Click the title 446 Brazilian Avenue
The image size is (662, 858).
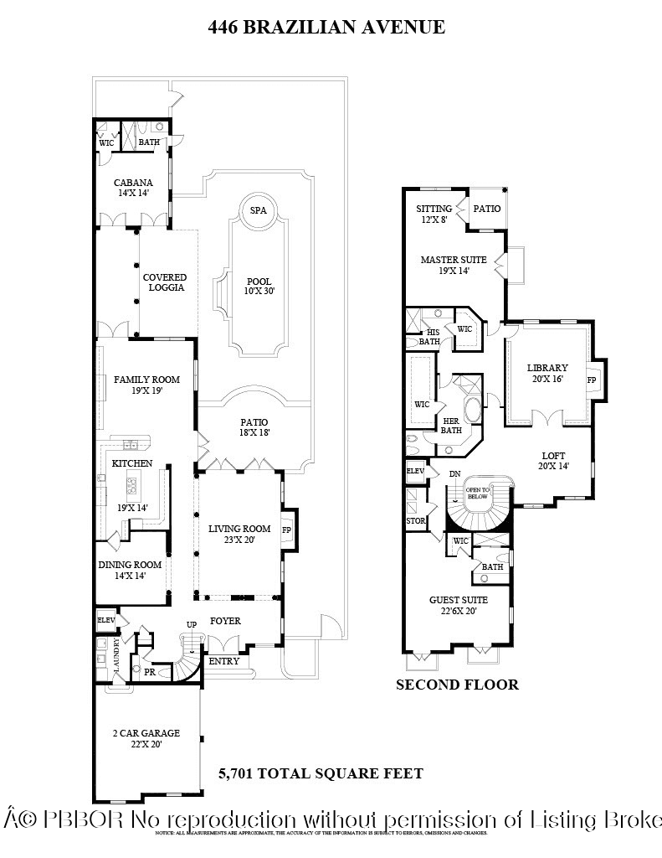[x=326, y=28]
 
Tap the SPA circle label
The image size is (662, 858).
[x=258, y=210]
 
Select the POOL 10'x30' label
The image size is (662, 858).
[x=259, y=287]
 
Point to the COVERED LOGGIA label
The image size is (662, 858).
[x=164, y=282]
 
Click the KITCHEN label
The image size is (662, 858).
[x=132, y=463]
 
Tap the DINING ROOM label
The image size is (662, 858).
[x=130, y=571]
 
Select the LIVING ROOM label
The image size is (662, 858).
[x=239, y=534]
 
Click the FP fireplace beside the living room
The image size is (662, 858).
[x=287, y=530]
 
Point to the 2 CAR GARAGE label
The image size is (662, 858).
[x=146, y=738]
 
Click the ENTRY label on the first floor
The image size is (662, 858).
[x=223, y=661]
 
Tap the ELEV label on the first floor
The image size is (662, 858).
[x=105, y=620]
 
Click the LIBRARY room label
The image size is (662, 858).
[x=547, y=373]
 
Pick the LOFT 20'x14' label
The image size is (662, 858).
[x=553, y=461]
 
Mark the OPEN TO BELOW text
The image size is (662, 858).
[x=477, y=493]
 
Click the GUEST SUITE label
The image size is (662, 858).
[x=458, y=605]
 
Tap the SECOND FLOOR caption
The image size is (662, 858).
[x=457, y=685]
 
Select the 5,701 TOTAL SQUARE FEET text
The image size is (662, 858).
[x=321, y=773]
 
